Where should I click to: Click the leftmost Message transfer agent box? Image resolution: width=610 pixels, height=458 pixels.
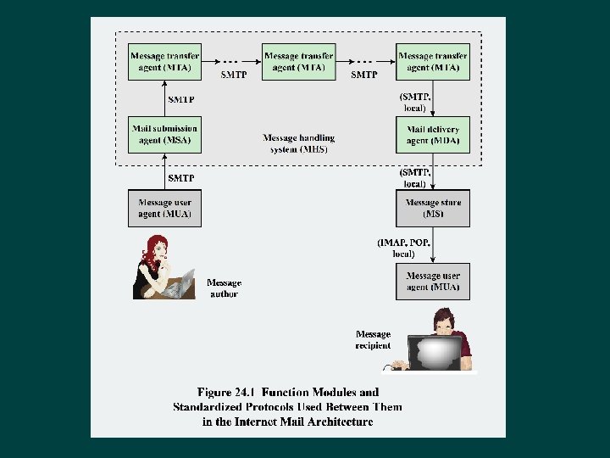pos(164,62)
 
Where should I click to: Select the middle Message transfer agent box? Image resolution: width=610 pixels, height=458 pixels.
pos(298,62)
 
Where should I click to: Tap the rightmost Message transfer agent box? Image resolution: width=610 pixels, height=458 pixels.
pos(433,62)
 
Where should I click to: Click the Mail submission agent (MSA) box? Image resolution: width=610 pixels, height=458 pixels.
pos(164,134)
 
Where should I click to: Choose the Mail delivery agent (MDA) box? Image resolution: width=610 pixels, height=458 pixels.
pos(433,134)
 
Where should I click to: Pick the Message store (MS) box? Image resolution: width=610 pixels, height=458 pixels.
pos(433,209)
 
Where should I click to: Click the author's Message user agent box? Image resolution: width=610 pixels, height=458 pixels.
pos(164,209)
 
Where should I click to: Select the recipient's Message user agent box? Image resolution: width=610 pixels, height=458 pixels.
pos(433,281)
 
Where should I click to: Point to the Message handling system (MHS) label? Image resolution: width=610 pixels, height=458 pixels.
pos(298,143)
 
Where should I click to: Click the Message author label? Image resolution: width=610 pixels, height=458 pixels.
pos(224,288)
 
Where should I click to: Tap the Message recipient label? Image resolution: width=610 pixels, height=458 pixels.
pos(373,339)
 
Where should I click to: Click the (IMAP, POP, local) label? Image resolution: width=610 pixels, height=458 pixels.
pos(404,249)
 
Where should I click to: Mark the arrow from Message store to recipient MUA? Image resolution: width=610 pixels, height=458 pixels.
pos(433,245)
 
